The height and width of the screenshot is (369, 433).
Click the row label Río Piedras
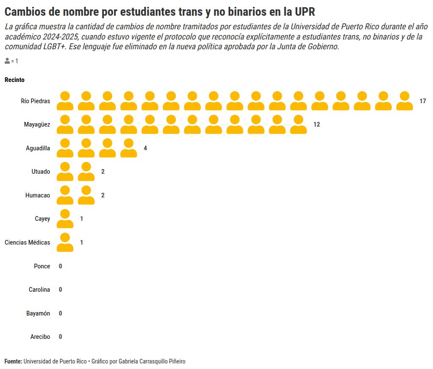pyautogui.click(x=35, y=101)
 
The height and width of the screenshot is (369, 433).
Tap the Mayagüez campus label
pyautogui.click(x=37, y=125)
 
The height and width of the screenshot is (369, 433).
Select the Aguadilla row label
pyautogui.click(x=38, y=148)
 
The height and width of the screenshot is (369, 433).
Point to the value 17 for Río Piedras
pyautogui.click(x=422, y=101)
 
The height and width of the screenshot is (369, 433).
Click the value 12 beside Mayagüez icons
pyautogui.click(x=316, y=125)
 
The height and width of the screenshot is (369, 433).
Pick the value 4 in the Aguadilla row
pyautogui.click(x=145, y=148)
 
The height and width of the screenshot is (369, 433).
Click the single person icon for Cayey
pyautogui.click(x=65, y=219)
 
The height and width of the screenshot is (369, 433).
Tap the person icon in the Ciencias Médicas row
pyautogui.click(x=65, y=242)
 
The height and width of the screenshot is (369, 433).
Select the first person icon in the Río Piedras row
pyautogui.click(x=65, y=101)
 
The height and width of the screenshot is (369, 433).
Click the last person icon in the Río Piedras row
pyautogui.click(x=405, y=101)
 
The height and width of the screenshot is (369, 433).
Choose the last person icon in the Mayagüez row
pyautogui.click(x=298, y=125)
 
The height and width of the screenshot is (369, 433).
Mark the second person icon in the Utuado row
pyautogui.click(x=86, y=172)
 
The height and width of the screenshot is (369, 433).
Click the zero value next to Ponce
pyautogui.click(x=60, y=266)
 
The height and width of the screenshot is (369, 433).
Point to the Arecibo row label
pyautogui.click(x=40, y=337)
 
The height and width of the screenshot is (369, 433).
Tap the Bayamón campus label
pyautogui.click(x=38, y=313)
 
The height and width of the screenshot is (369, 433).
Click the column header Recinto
pyautogui.click(x=14, y=80)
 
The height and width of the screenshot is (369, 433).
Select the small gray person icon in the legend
pyautogui.click(x=7, y=61)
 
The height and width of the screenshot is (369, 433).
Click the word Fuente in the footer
pyautogui.click(x=13, y=361)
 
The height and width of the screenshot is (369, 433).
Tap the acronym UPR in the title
pyautogui.click(x=305, y=11)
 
